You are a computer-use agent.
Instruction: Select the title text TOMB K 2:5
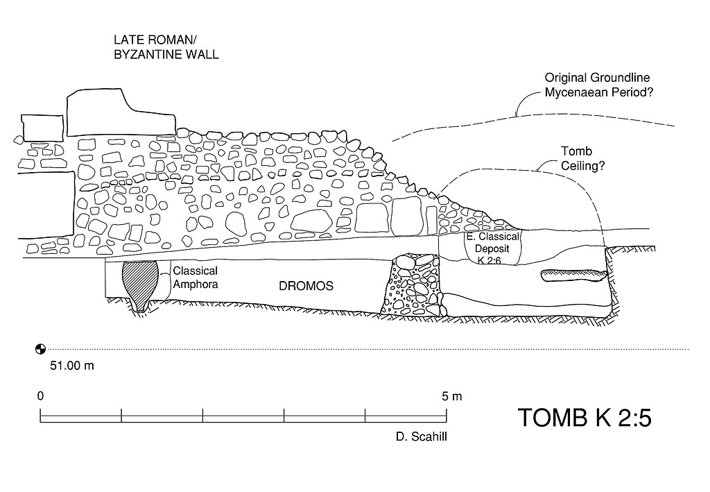tap(585, 418)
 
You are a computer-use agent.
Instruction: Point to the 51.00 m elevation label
tap(71, 366)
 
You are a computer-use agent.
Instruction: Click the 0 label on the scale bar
tap(41, 396)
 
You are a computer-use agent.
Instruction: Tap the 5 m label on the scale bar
tap(451, 396)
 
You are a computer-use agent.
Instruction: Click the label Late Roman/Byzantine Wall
tap(166, 47)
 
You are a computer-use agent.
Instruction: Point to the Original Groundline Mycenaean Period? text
tap(600, 85)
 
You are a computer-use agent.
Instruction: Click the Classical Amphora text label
tap(196, 276)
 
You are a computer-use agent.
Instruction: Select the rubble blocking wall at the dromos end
tap(413, 285)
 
